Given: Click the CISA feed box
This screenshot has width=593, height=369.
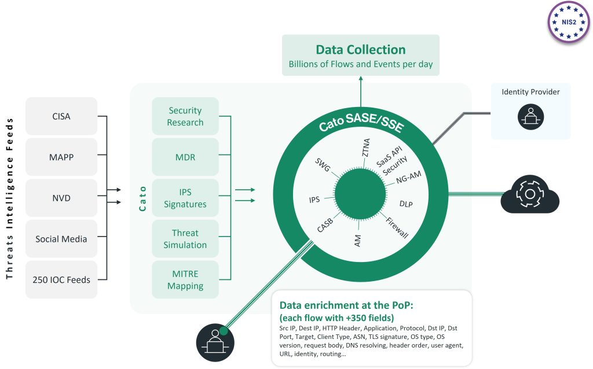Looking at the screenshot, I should tap(61, 116).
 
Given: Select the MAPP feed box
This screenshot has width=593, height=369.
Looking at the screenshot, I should tap(61, 157).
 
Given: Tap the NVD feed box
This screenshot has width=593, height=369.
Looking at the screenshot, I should tap(61, 198).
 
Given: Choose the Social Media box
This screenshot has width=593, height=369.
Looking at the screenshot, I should tap(61, 238).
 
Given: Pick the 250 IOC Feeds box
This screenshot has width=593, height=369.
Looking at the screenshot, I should tap(61, 279).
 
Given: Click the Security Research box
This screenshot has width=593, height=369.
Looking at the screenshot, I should tap(185, 116).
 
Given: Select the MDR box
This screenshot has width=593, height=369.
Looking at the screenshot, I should tap(185, 157).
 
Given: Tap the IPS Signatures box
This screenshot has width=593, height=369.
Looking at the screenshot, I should tap(185, 198).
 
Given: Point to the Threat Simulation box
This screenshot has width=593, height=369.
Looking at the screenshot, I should tap(185, 238).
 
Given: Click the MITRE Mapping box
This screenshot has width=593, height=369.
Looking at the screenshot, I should tap(185, 279).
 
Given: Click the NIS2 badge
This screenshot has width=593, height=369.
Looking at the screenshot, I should tap(568, 22).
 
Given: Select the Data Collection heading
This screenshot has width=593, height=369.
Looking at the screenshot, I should tap(360, 50).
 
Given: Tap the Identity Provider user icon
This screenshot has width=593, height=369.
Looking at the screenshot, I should tap(530, 116).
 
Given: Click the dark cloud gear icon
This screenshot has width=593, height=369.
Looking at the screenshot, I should tap(529, 195).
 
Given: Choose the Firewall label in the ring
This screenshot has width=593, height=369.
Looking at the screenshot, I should tap(397, 227).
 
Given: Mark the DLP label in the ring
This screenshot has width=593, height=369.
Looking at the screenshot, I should tap(406, 204).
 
